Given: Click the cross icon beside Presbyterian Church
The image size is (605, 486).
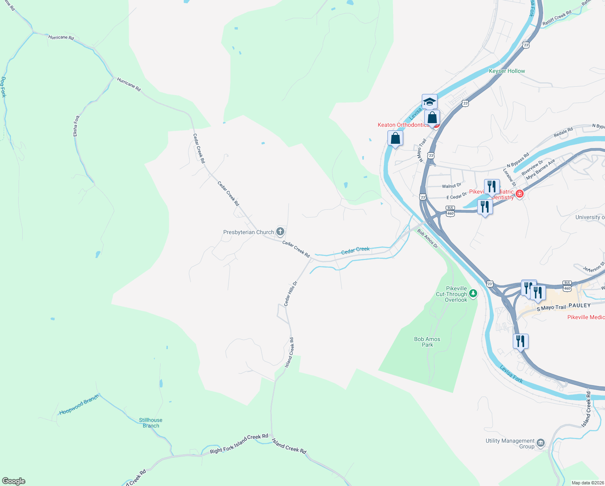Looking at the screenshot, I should (x=280, y=232).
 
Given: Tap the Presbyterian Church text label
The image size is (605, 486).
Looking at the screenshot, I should (x=248, y=232).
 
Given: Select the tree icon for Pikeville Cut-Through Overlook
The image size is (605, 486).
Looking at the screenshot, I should (x=473, y=293).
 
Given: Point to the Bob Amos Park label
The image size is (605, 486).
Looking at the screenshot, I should (x=427, y=342).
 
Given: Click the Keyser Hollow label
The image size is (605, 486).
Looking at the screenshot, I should (x=507, y=71).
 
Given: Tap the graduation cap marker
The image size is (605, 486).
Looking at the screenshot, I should (x=429, y=101).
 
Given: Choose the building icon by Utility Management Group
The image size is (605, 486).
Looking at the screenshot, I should (x=541, y=443).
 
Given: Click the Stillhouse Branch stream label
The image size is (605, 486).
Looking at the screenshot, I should (x=151, y=423).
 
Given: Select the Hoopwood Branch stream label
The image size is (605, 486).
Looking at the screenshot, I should (x=79, y=405).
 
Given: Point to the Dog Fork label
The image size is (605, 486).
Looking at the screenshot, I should (x=4, y=87).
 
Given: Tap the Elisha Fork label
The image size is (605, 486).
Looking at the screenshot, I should (x=76, y=126).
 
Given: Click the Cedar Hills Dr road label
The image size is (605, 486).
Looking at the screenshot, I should (x=290, y=294).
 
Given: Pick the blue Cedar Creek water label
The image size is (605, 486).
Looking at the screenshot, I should (x=355, y=251).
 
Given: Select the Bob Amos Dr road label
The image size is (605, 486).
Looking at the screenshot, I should (x=427, y=239).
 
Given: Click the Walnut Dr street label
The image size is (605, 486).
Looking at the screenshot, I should (x=451, y=186).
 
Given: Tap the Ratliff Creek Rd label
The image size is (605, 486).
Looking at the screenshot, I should (x=557, y=18).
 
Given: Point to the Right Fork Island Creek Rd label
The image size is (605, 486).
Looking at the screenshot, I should (x=239, y=444).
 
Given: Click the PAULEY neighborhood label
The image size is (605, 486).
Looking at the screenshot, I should (x=580, y=305).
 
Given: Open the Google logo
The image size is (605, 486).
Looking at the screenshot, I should (x=13, y=481).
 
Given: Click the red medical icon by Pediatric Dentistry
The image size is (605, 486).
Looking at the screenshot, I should (x=520, y=194).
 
